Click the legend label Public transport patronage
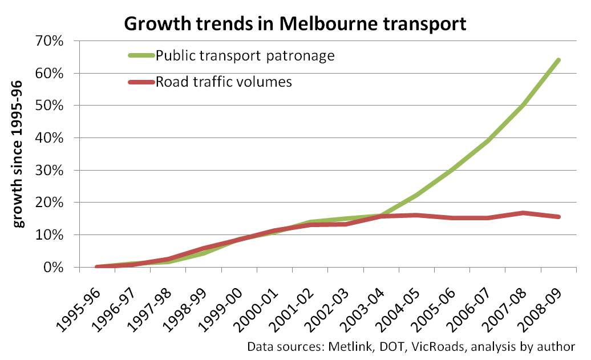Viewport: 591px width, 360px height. [x=245, y=56]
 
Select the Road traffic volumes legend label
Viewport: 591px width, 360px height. [x=224, y=82]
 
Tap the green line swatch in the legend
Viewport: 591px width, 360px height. [x=141, y=56]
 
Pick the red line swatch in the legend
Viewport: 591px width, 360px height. [x=141, y=82]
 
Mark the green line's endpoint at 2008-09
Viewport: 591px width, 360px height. [x=558, y=60]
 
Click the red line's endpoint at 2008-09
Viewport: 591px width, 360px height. [x=558, y=217]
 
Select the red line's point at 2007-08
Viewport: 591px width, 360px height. [x=523, y=213]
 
